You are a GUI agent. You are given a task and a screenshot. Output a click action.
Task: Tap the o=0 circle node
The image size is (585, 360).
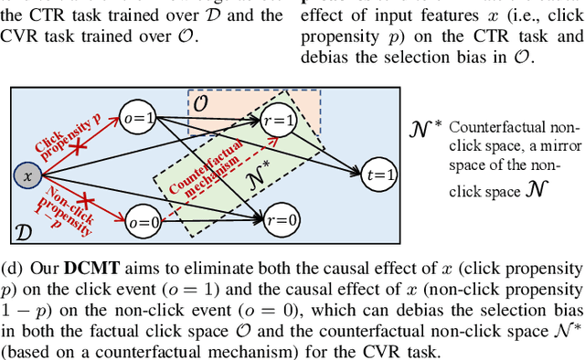[x=144, y=221]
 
